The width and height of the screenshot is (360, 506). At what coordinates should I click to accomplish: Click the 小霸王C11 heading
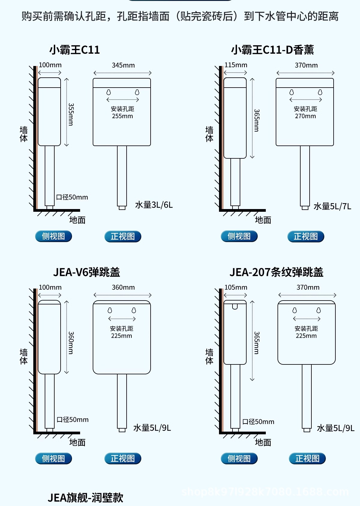[74, 50]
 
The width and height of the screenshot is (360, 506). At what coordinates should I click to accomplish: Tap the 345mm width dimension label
[123, 65]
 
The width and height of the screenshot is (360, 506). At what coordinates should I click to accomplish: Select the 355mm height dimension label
[71, 114]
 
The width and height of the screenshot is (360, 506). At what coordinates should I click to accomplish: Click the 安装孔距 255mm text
[122, 112]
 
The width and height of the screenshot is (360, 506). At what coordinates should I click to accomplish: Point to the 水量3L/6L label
[154, 205]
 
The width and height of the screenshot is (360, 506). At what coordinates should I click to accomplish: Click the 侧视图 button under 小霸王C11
[53, 236]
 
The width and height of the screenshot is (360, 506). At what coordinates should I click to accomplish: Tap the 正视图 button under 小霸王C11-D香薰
[306, 236]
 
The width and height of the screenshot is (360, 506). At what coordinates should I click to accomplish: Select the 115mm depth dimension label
[236, 65]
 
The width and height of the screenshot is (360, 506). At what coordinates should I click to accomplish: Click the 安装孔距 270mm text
[305, 112]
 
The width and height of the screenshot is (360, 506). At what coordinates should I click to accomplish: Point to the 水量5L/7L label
[332, 206]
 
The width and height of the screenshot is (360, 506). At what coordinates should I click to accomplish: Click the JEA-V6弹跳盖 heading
[86, 272]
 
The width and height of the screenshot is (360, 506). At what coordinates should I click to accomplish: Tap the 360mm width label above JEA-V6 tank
[123, 287]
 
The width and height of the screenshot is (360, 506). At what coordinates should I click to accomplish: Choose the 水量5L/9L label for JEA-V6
[152, 428]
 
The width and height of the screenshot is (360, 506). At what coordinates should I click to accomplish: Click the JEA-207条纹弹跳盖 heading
[276, 272]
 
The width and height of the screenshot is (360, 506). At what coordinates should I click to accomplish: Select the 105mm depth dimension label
[236, 287]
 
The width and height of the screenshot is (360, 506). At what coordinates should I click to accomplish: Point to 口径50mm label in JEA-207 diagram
[258, 422]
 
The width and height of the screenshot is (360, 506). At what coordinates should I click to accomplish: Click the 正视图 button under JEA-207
[307, 458]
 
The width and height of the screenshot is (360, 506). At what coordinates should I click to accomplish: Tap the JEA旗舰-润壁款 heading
[85, 498]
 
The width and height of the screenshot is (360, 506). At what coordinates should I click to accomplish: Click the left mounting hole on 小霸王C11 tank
[109, 92]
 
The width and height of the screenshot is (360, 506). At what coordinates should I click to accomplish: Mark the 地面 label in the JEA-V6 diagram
[77, 442]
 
